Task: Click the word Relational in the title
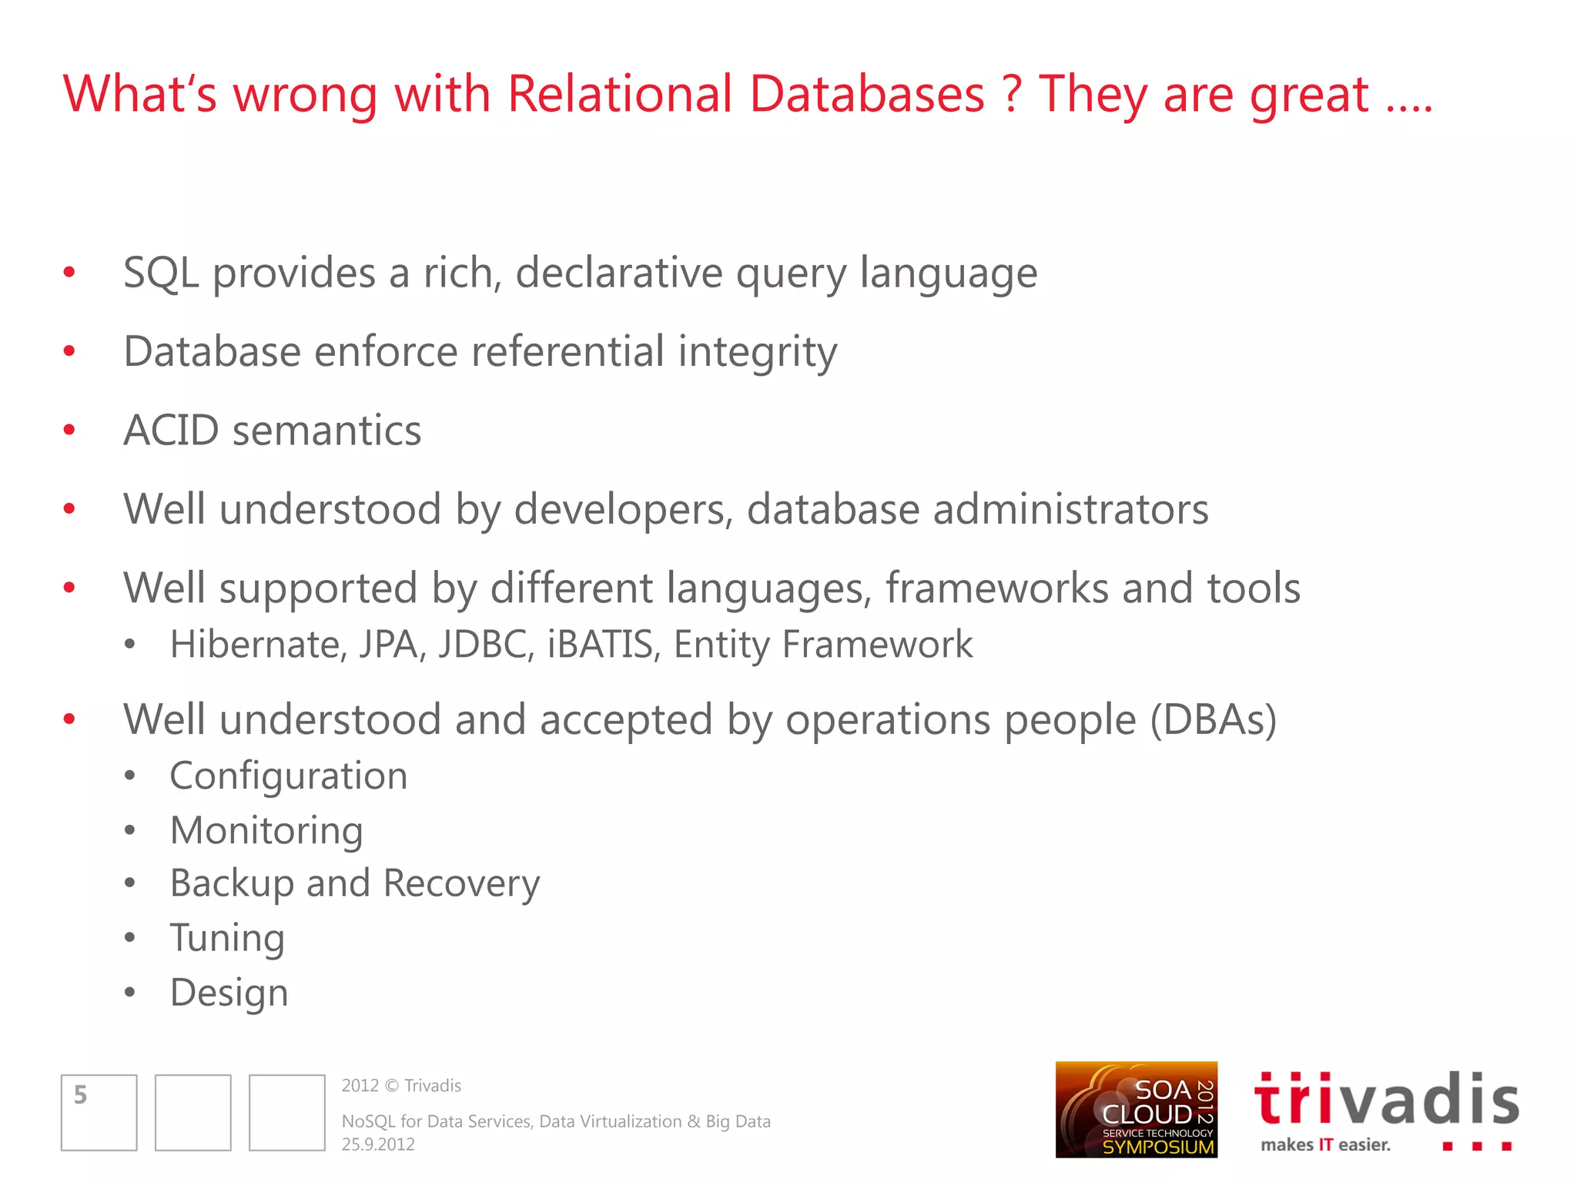tap(619, 95)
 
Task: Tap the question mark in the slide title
tap(1012, 95)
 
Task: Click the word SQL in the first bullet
tap(161, 273)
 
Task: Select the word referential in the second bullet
tap(568, 352)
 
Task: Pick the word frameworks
tap(996, 589)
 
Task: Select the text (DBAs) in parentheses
tap(1214, 720)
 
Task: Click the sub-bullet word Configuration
tap(289, 776)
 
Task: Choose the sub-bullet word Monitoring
tap(266, 831)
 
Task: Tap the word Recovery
tap(461, 884)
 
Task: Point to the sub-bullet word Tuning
tap(227, 939)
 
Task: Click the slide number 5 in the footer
tap(81, 1095)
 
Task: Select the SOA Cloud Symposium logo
tap(1136, 1110)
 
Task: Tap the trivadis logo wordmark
tap(1386, 1099)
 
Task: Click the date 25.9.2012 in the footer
tap(378, 1144)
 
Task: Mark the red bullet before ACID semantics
tap(69, 430)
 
